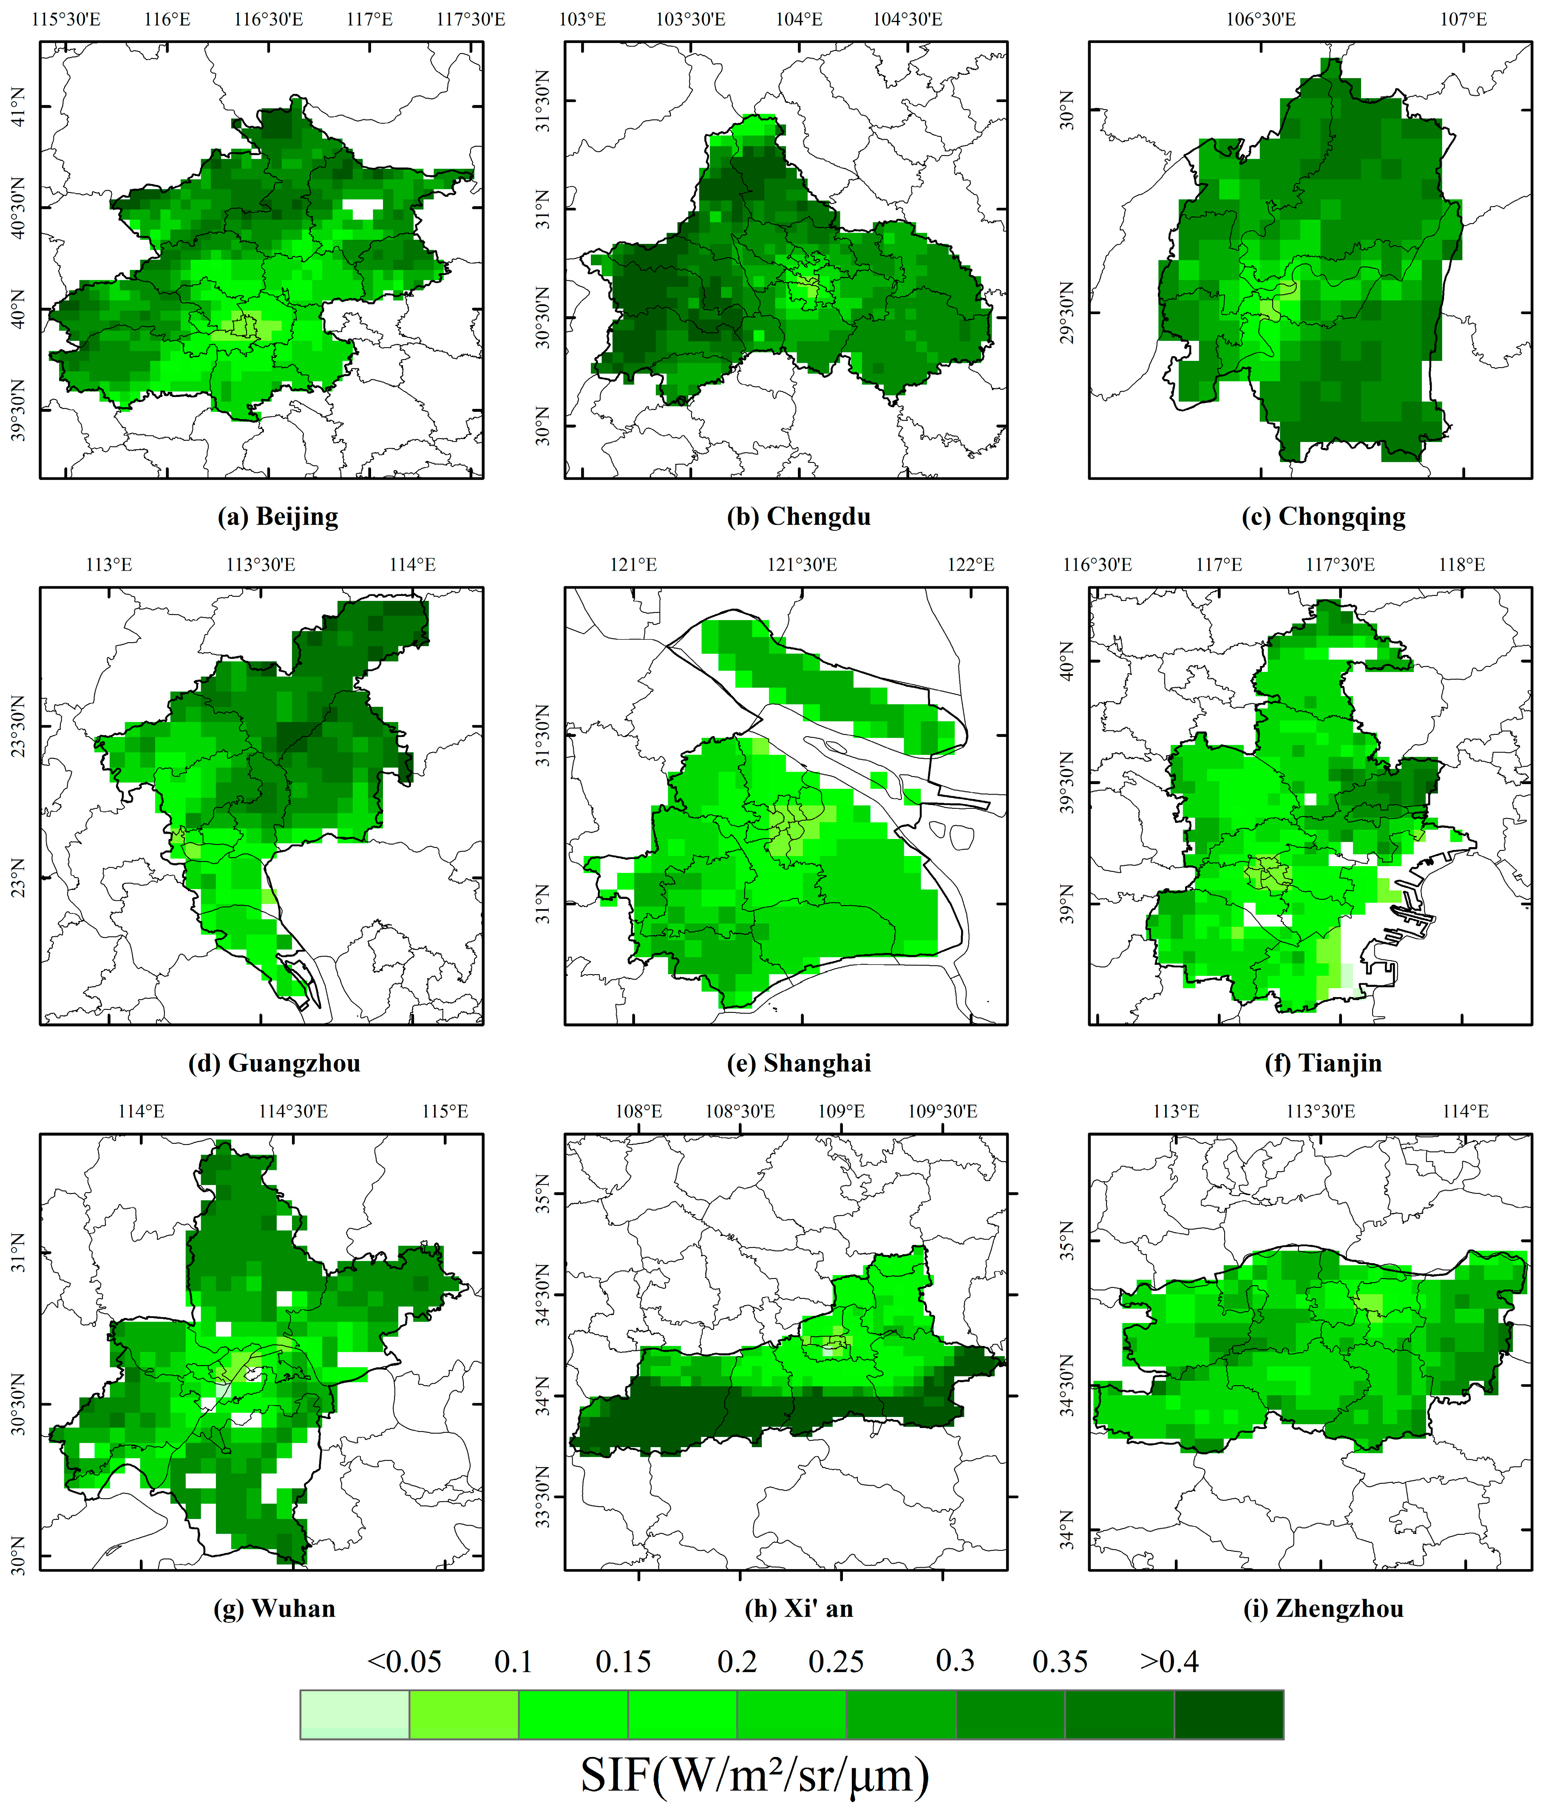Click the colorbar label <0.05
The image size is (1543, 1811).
tap(404, 1661)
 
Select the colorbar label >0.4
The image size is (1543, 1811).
tap(1169, 1661)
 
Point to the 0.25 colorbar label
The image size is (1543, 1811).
tap(836, 1661)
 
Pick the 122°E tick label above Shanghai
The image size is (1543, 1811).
tap(970, 564)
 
